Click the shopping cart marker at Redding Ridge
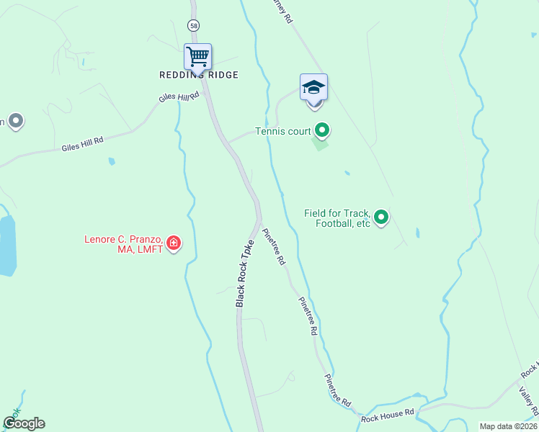pyautogui.click(x=197, y=55)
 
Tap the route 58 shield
pyautogui.click(x=193, y=25)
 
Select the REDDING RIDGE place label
pyautogui.click(x=199, y=75)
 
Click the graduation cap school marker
pyautogui.click(x=313, y=88)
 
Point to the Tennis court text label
pyautogui.click(x=282, y=132)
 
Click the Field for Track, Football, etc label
pyautogui.click(x=337, y=218)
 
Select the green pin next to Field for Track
pyautogui.click(x=381, y=216)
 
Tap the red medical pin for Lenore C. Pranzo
pyautogui.click(x=173, y=243)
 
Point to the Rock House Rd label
pyautogui.click(x=388, y=413)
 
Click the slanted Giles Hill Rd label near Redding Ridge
pyautogui.click(x=178, y=97)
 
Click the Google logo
pyautogui.click(x=23, y=423)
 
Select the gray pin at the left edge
pyautogui.click(x=15, y=120)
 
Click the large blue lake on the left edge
pyautogui.click(x=6, y=245)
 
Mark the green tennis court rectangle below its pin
pyautogui.click(x=320, y=144)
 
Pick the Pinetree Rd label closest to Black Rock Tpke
pyautogui.click(x=274, y=247)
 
